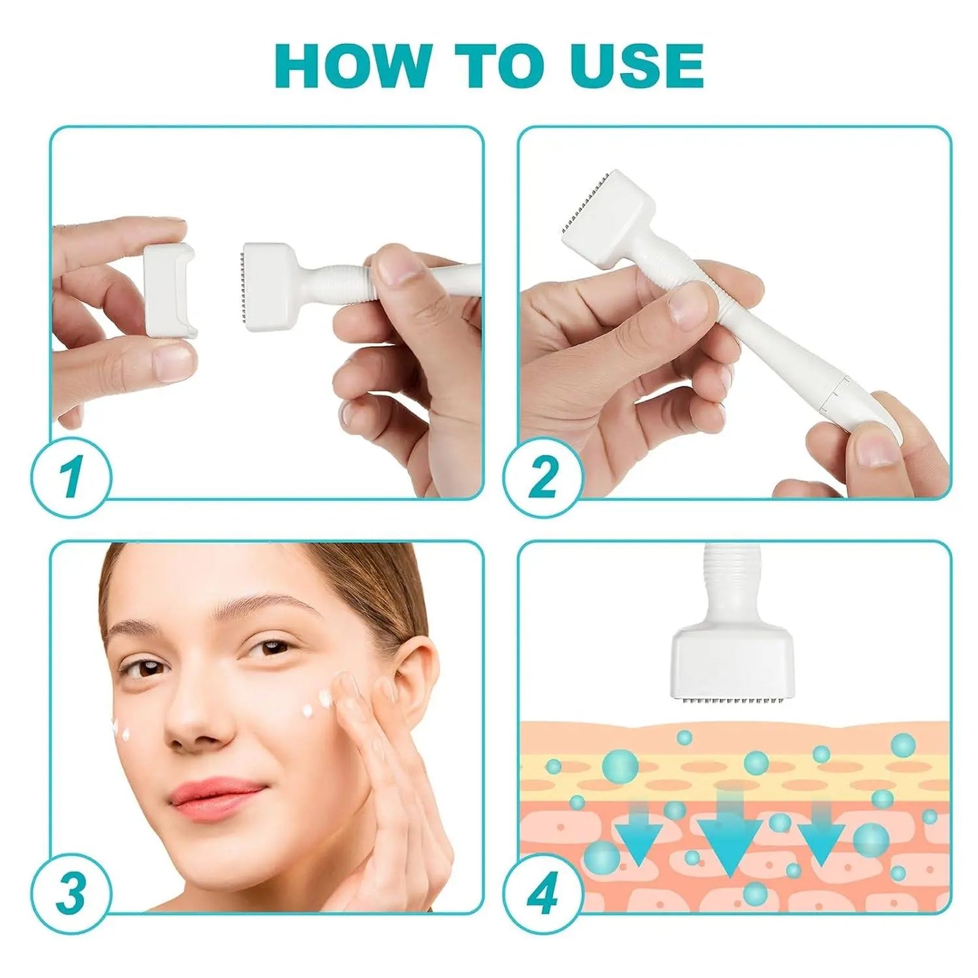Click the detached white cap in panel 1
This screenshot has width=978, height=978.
[x=169, y=290]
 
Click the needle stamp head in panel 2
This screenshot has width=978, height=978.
[x=606, y=217]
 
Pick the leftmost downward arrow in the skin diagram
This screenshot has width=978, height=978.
[x=639, y=832]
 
